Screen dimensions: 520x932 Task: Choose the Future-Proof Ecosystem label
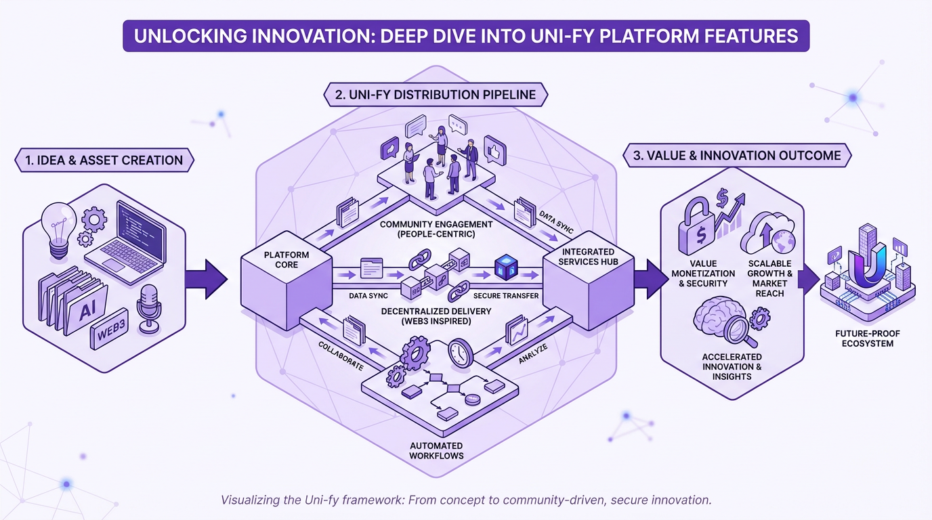[863, 339]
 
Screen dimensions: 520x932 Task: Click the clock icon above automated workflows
[459, 353]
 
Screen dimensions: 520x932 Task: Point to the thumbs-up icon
[495, 149]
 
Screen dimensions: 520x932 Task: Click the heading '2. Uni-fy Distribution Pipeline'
[435, 95]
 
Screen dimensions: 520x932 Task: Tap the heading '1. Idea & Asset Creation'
[104, 160]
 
